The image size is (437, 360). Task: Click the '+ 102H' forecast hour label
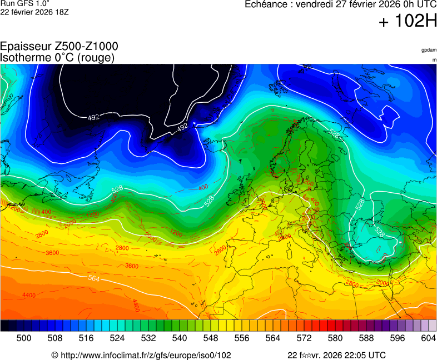click(x=408, y=22)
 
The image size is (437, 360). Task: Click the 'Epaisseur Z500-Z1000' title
click(x=59, y=47)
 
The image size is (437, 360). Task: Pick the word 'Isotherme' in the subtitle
click(x=24, y=57)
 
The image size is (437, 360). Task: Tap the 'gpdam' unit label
click(x=429, y=50)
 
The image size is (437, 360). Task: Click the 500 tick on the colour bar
click(x=24, y=338)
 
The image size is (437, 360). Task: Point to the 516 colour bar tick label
click(x=86, y=338)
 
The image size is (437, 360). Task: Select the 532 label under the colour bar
click(x=148, y=338)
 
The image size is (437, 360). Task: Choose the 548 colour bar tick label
click(x=211, y=338)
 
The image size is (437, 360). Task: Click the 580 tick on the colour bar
click(x=335, y=338)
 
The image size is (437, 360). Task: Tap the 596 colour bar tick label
click(x=397, y=338)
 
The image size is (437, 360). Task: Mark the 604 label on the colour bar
click(x=428, y=338)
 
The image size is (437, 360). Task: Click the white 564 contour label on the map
click(x=95, y=278)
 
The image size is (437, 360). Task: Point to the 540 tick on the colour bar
click(x=180, y=338)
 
